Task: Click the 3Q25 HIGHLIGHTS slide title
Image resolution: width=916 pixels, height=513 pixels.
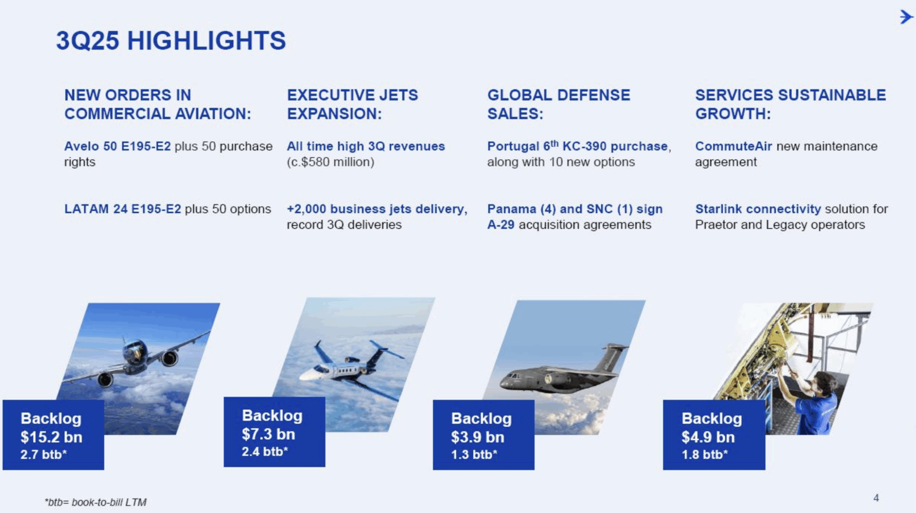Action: [x=171, y=40]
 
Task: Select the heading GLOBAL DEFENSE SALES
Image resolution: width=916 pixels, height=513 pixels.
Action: [x=559, y=104]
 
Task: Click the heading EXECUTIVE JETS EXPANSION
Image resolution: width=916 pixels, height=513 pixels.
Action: [x=353, y=104]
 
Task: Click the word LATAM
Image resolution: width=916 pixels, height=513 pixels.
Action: [x=87, y=209]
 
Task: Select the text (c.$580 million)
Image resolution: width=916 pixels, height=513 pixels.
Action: [x=331, y=162]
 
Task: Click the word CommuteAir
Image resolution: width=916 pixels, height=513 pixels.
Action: [x=734, y=146]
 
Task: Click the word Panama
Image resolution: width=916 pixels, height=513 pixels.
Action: [x=512, y=209]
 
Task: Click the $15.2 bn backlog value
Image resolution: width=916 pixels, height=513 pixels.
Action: [x=52, y=437]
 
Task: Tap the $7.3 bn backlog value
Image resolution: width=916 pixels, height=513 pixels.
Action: [x=268, y=434]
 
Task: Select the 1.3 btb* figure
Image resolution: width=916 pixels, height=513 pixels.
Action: [x=474, y=455]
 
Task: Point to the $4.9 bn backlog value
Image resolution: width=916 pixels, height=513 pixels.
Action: [x=708, y=437]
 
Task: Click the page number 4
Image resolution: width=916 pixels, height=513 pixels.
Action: [x=876, y=498]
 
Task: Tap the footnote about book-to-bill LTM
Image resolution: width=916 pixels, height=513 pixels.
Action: [x=95, y=502]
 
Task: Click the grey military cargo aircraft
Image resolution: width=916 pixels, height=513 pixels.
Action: [x=561, y=372]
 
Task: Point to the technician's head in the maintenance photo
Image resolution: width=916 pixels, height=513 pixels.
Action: [x=826, y=383]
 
